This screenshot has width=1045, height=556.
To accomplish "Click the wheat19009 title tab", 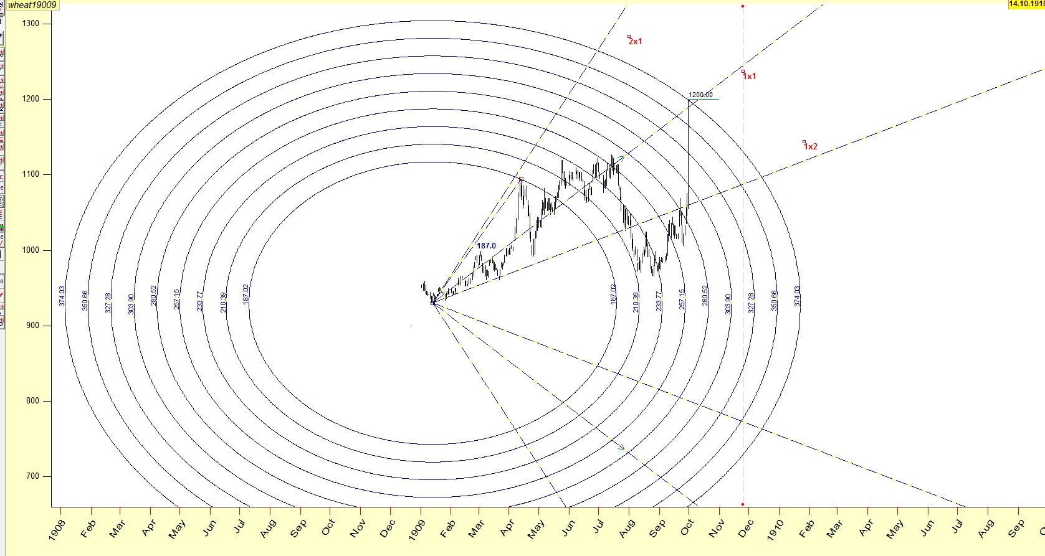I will click(x=32, y=5).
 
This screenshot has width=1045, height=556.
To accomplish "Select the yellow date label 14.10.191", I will click(x=1026, y=4).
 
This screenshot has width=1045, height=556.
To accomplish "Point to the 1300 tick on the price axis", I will click(x=31, y=24).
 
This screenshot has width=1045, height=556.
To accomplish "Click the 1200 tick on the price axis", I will click(x=31, y=99).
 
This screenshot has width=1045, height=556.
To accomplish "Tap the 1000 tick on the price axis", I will click(x=31, y=250).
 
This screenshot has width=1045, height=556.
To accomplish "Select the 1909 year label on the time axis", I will click(x=419, y=529).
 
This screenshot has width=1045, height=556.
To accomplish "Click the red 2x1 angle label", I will click(x=635, y=42).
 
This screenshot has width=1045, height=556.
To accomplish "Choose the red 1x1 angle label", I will click(x=749, y=77).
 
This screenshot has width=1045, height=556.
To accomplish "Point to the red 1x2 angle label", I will click(x=810, y=147).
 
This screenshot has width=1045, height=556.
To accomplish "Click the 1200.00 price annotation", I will click(x=700, y=95).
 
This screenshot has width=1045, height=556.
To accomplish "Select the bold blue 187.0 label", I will click(x=486, y=246).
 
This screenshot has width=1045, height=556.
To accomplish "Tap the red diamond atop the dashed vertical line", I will click(x=743, y=6).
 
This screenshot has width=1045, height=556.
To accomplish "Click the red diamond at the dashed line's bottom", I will click(x=743, y=504).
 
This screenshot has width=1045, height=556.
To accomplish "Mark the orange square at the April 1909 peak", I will click(x=521, y=179).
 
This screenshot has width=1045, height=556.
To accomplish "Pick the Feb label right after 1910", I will click(x=806, y=529).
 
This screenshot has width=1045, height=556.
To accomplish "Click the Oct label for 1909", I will click(x=687, y=527).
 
